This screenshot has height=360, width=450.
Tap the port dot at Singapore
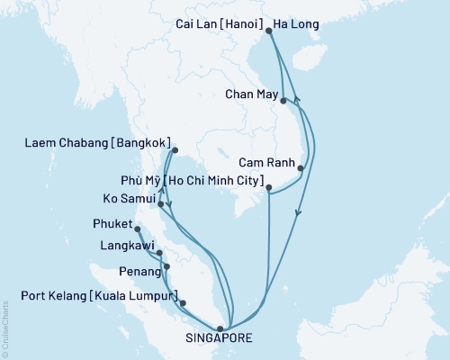pyautogui.click(x=220, y=328)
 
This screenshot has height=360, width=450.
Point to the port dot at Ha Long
pyautogui.click(x=270, y=31)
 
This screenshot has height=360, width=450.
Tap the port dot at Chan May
pyautogui.click(x=283, y=101)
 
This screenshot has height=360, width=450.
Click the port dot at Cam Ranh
pyautogui.click(x=301, y=168)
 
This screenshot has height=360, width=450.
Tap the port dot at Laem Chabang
pyautogui.click(x=174, y=151)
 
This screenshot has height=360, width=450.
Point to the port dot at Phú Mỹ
pyautogui.click(x=269, y=187)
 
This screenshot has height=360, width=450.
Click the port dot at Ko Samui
pyautogui.click(x=160, y=204)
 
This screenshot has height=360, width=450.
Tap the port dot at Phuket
pyautogui.click(x=137, y=229)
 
